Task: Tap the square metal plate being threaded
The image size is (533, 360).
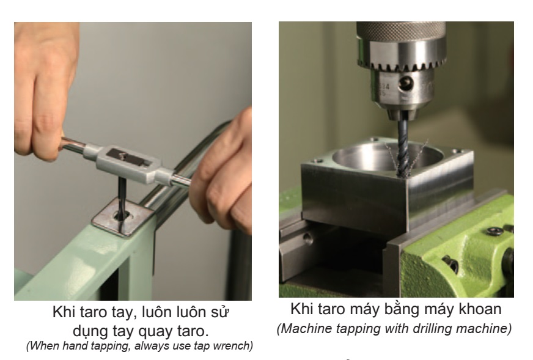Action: tap(123, 218)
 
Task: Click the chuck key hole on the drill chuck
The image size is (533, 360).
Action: tap(405, 83)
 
